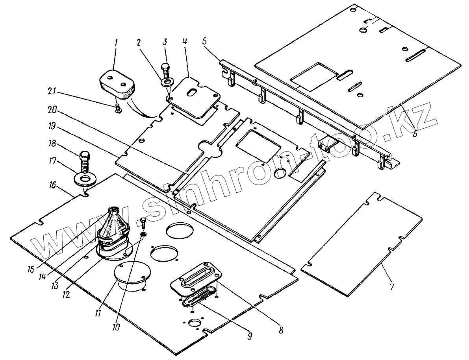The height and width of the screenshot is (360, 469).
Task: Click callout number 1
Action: point(116,43)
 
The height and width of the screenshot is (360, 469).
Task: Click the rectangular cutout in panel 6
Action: point(314,76)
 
